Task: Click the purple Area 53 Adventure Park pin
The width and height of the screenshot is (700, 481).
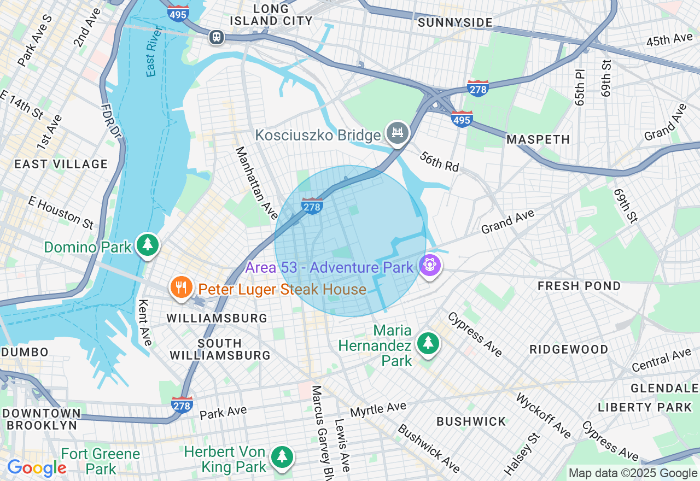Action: (x=430, y=266)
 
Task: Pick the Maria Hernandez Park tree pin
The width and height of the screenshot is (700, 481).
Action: (x=428, y=343)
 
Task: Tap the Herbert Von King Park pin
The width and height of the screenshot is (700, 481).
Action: (x=282, y=457)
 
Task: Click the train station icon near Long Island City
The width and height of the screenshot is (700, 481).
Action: (x=217, y=37)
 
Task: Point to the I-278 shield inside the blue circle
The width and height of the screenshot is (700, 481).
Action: (x=312, y=206)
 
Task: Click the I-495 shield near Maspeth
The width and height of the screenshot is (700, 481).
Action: (x=462, y=118)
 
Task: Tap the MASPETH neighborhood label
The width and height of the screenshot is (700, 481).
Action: (x=538, y=140)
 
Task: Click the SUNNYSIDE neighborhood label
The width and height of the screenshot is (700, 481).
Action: (x=455, y=22)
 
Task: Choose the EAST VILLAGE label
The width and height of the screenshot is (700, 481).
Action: (x=61, y=164)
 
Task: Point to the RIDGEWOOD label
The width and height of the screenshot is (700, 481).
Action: (x=569, y=349)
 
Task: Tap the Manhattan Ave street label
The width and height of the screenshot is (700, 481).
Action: (x=256, y=183)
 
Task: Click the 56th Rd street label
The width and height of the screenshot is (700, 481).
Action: (x=439, y=162)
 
